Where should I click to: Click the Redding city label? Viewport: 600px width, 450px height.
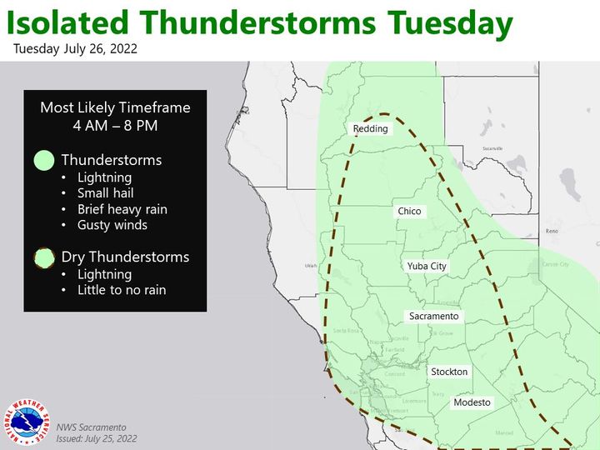coord(370,128)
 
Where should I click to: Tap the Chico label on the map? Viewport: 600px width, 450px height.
coord(409,212)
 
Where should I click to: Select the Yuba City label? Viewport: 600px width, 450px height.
coord(427,266)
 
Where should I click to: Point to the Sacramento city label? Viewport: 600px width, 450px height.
coord(433,317)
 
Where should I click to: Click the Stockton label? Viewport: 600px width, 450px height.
coord(449,372)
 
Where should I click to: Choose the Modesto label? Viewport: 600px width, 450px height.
coord(472,402)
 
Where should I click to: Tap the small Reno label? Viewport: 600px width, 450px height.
coord(551,230)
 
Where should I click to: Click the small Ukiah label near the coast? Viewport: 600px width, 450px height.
coord(311,266)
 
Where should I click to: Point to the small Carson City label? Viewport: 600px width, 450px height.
coord(555,264)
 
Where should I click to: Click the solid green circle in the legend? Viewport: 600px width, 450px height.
coord(43,160)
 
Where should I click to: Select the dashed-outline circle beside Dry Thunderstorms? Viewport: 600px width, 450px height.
coord(43,257)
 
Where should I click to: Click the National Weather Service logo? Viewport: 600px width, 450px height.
coord(27,422)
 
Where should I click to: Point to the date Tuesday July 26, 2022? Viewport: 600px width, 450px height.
coord(76,49)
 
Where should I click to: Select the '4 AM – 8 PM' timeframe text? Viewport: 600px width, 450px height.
coord(115,125)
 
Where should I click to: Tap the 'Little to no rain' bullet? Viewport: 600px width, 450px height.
coord(121,290)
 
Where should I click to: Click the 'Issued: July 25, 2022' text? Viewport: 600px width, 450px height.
coord(97,437)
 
